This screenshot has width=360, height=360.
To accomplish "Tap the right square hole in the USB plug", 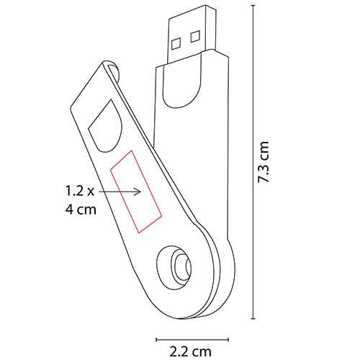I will coord(194,34).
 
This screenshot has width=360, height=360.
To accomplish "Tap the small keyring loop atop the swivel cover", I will coord(114,71).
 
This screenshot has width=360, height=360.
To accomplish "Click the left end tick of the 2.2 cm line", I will coord(156,334).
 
